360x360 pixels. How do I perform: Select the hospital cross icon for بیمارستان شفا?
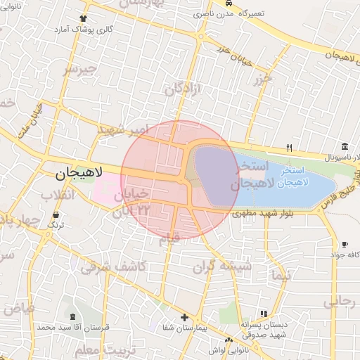(184, 317)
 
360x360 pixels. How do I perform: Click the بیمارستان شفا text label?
(185, 329)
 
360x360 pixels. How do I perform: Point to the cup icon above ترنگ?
(56, 214)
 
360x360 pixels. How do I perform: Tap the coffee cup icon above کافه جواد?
(344, 244)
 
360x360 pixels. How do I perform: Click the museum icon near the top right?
(345, 146)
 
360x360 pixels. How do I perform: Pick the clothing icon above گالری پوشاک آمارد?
(84, 18)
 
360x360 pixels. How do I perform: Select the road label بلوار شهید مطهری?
(257, 212)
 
